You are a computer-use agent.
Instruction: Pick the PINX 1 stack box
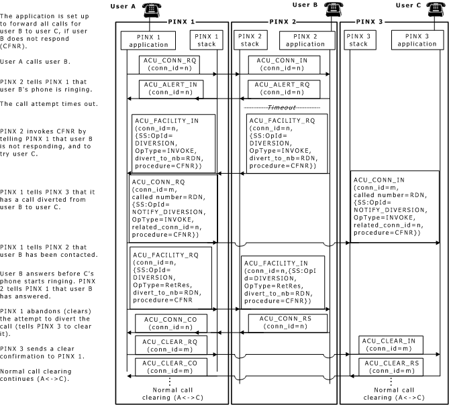205,40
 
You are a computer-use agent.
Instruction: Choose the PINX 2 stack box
249,40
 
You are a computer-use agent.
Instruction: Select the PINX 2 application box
305,40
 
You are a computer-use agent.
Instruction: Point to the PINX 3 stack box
359,40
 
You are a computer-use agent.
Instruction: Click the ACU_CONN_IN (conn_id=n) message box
281,64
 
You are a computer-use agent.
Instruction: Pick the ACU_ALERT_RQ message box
281,89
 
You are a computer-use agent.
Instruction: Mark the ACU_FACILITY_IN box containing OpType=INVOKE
173,141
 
